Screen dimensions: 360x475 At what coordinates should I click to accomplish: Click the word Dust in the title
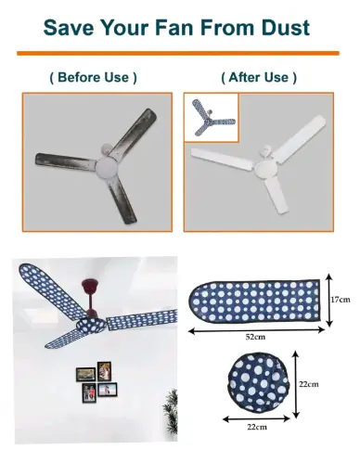click(285, 28)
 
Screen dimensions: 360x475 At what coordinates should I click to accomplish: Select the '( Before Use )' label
click(93, 77)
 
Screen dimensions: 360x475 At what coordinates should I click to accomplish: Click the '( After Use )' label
click(259, 77)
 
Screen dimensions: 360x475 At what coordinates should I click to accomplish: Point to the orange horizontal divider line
click(178, 53)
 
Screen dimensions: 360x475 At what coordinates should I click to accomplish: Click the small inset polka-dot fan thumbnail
click(212, 118)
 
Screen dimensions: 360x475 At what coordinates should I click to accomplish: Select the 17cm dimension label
click(341, 300)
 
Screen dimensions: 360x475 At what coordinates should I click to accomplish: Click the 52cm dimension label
click(255, 337)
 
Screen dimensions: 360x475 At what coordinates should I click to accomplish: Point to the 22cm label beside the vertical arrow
click(309, 384)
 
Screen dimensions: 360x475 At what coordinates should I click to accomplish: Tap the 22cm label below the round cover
click(257, 427)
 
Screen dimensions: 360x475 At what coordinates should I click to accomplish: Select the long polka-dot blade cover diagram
click(254, 301)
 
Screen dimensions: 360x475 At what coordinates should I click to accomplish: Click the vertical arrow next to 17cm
click(329, 300)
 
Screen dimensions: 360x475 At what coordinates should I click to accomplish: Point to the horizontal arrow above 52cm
click(257, 330)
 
